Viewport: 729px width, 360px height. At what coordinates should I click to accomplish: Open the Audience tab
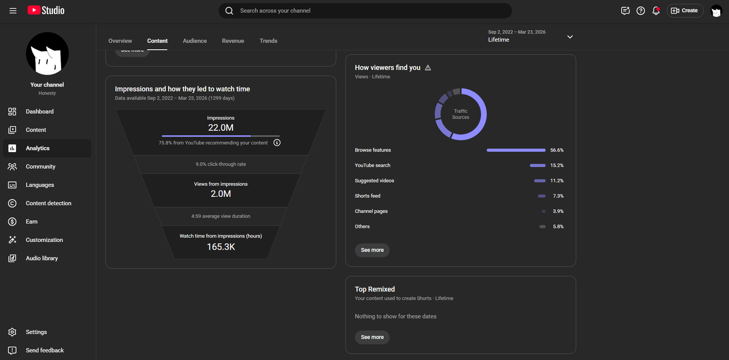(x=195, y=41)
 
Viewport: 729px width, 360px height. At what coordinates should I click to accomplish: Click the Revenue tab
(x=233, y=41)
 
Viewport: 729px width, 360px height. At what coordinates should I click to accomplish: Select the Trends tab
(x=268, y=41)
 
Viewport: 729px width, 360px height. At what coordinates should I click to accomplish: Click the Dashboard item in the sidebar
(x=40, y=111)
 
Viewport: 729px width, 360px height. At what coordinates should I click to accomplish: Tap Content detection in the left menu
(x=48, y=203)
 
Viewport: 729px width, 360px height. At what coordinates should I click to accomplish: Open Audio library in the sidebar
(x=41, y=258)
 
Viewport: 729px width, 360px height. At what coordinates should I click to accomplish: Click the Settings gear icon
(x=12, y=332)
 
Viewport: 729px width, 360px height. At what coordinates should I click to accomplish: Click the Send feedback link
(x=45, y=350)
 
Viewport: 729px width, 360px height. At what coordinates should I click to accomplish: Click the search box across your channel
(x=365, y=11)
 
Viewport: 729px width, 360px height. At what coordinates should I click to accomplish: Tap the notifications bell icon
(x=656, y=11)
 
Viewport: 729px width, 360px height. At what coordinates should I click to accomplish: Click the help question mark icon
(x=641, y=11)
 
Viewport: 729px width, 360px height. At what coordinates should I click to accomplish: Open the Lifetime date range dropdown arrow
(x=570, y=37)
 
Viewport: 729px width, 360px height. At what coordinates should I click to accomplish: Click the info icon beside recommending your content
(x=277, y=143)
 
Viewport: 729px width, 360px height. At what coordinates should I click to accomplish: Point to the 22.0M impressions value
(x=221, y=128)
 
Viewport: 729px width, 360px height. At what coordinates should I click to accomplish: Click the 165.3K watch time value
(x=221, y=247)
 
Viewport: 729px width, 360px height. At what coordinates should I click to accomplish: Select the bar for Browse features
(x=516, y=150)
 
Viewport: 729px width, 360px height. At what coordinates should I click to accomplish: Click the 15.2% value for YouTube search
(x=557, y=165)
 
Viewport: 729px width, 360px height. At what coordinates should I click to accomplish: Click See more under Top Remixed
(x=372, y=337)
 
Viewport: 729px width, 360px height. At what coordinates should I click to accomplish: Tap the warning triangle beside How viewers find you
(x=428, y=68)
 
